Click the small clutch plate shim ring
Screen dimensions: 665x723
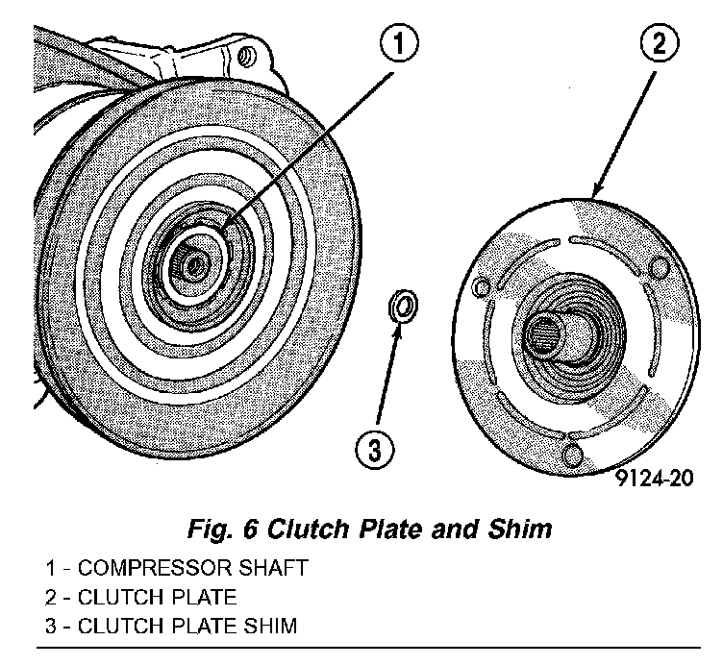click(x=403, y=308)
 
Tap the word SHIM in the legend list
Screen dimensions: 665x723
click(x=271, y=626)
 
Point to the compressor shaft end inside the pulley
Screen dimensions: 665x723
click(x=192, y=261)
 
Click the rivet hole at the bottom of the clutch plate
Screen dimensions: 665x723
click(x=574, y=454)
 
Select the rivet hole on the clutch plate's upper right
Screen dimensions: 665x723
click(x=659, y=266)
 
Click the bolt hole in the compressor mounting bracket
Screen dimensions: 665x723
click(x=248, y=56)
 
